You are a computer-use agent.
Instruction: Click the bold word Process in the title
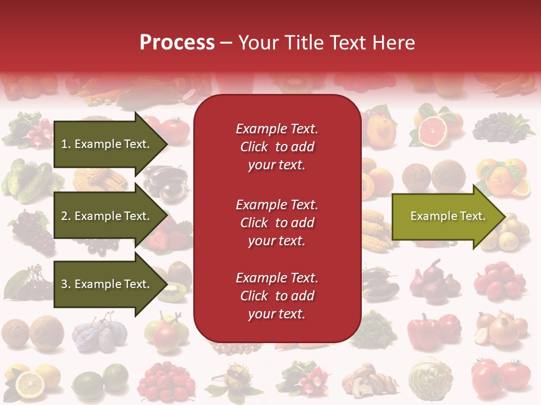click(177, 43)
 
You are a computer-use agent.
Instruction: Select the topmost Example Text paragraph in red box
click(277, 147)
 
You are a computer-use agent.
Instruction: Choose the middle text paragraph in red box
click(277, 223)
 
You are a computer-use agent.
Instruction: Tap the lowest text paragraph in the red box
click(277, 296)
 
